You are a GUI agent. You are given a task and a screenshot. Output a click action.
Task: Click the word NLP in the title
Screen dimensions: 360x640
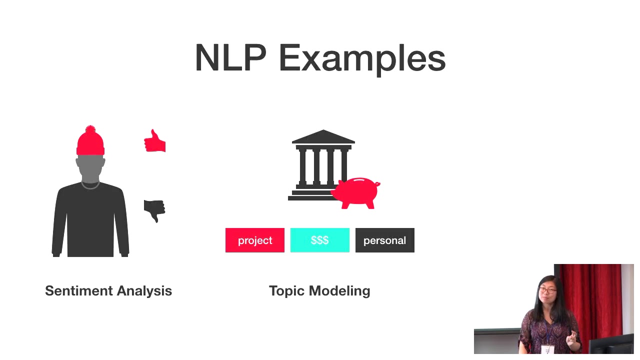click(x=230, y=58)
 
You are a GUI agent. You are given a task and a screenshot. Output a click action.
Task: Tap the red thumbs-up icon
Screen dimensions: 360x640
click(x=155, y=141)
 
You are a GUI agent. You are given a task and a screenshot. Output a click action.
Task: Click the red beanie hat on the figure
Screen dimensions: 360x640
click(x=90, y=143)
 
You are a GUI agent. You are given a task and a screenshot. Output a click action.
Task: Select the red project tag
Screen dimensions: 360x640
click(x=255, y=240)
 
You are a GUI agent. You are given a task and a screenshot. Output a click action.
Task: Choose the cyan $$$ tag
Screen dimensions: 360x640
click(x=320, y=240)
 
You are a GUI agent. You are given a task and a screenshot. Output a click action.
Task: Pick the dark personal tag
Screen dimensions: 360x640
click(x=384, y=240)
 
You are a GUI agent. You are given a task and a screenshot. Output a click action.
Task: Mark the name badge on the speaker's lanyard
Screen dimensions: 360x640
click(x=548, y=349)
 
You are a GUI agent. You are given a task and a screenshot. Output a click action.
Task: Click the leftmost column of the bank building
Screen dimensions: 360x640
click(x=302, y=166)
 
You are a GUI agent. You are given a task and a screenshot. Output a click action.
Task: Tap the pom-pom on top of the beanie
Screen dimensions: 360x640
click(x=90, y=129)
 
